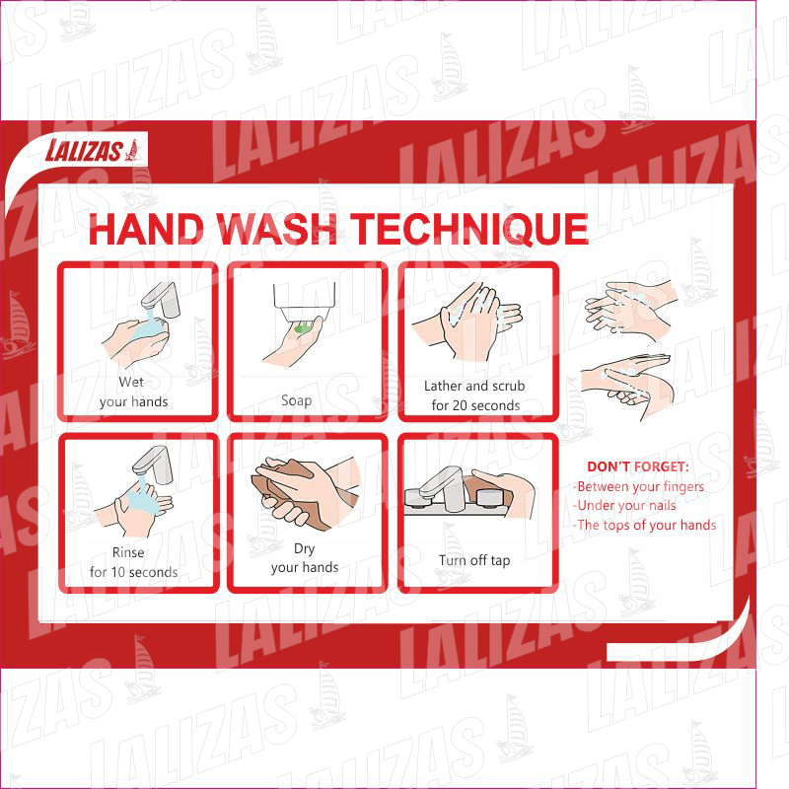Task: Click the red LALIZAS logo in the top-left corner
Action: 92,150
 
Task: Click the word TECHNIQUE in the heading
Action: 469,229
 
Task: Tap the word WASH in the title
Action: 276,229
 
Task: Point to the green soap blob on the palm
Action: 303,329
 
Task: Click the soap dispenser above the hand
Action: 305,302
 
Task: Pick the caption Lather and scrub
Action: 474,386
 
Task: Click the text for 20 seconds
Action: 475,405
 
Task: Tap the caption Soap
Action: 297,400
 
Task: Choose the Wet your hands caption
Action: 133,392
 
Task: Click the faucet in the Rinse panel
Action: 153,465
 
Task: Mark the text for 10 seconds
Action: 133,572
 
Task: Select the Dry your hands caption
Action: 305,557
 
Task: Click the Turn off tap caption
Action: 474,560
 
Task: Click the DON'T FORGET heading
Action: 637,466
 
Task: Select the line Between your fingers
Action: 638,486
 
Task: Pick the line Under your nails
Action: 624,505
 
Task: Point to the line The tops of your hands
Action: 644,526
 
